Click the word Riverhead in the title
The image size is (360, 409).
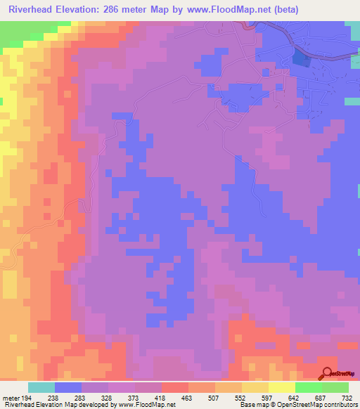click(x=30, y=10)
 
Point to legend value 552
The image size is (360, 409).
click(x=266, y=397)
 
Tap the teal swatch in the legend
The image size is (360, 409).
click(x=41, y=387)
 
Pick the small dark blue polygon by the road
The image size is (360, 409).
click(x=300, y=59)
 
